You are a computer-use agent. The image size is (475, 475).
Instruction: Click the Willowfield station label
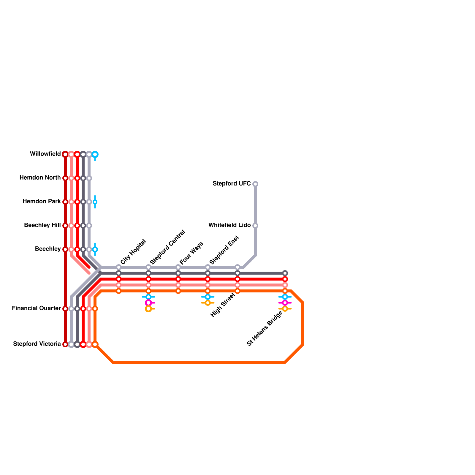click(x=45, y=154)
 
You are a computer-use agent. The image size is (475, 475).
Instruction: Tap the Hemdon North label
click(x=40, y=178)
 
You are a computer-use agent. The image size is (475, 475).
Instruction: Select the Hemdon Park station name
click(x=42, y=202)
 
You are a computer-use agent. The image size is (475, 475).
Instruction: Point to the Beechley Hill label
click(x=42, y=225)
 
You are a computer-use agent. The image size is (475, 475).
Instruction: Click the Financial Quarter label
click(x=36, y=308)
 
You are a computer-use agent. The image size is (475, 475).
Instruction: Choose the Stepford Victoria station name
click(x=37, y=344)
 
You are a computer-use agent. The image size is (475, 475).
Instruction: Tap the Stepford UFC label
click(x=232, y=184)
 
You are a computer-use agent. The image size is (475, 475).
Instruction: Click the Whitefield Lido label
click(x=229, y=225)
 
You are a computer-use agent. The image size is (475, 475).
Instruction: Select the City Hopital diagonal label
click(x=133, y=252)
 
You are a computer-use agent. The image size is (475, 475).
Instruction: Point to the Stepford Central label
click(x=168, y=247)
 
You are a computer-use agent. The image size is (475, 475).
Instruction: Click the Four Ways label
click(x=191, y=253)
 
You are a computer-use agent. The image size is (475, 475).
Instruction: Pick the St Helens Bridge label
click(x=265, y=328)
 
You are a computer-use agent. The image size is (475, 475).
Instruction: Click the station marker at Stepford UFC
click(x=255, y=184)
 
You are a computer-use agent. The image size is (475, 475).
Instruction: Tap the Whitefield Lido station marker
click(x=255, y=226)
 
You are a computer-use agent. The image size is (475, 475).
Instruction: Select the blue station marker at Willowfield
click(x=95, y=154)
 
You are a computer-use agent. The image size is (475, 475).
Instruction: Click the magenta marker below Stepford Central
click(x=148, y=303)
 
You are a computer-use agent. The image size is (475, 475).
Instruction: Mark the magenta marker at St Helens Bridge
click(x=285, y=303)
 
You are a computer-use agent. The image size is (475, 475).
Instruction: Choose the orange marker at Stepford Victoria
click(x=95, y=344)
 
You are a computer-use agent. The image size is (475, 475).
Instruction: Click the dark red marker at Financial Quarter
click(x=65, y=309)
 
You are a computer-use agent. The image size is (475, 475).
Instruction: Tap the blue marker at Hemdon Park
click(x=95, y=202)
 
